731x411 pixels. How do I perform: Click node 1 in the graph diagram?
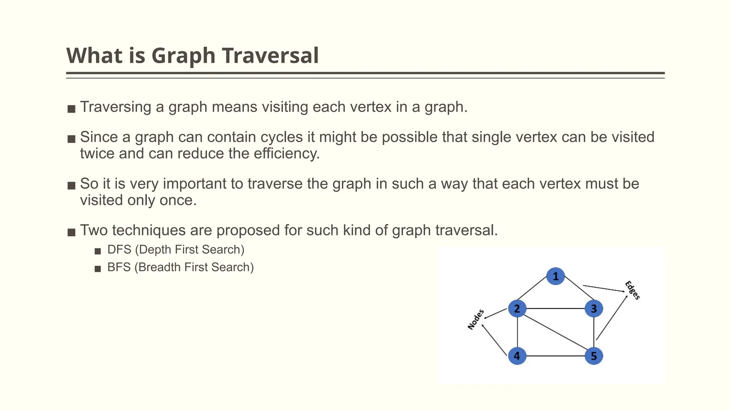(555, 276)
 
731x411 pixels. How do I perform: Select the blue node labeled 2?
(517, 309)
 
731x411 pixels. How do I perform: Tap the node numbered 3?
(594, 309)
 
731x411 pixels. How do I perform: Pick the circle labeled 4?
(517, 356)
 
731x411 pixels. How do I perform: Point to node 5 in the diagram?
(594, 356)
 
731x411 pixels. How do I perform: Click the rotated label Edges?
(632, 290)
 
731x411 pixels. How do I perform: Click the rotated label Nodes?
(476, 320)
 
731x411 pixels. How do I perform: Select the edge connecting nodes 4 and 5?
(555, 356)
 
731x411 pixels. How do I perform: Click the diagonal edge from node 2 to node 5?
(555, 332)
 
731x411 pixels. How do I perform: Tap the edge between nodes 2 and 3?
(555, 309)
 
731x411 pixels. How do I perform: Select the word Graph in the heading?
(183, 56)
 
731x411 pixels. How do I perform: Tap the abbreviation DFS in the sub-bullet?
(119, 250)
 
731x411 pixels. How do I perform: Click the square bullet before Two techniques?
(71, 232)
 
